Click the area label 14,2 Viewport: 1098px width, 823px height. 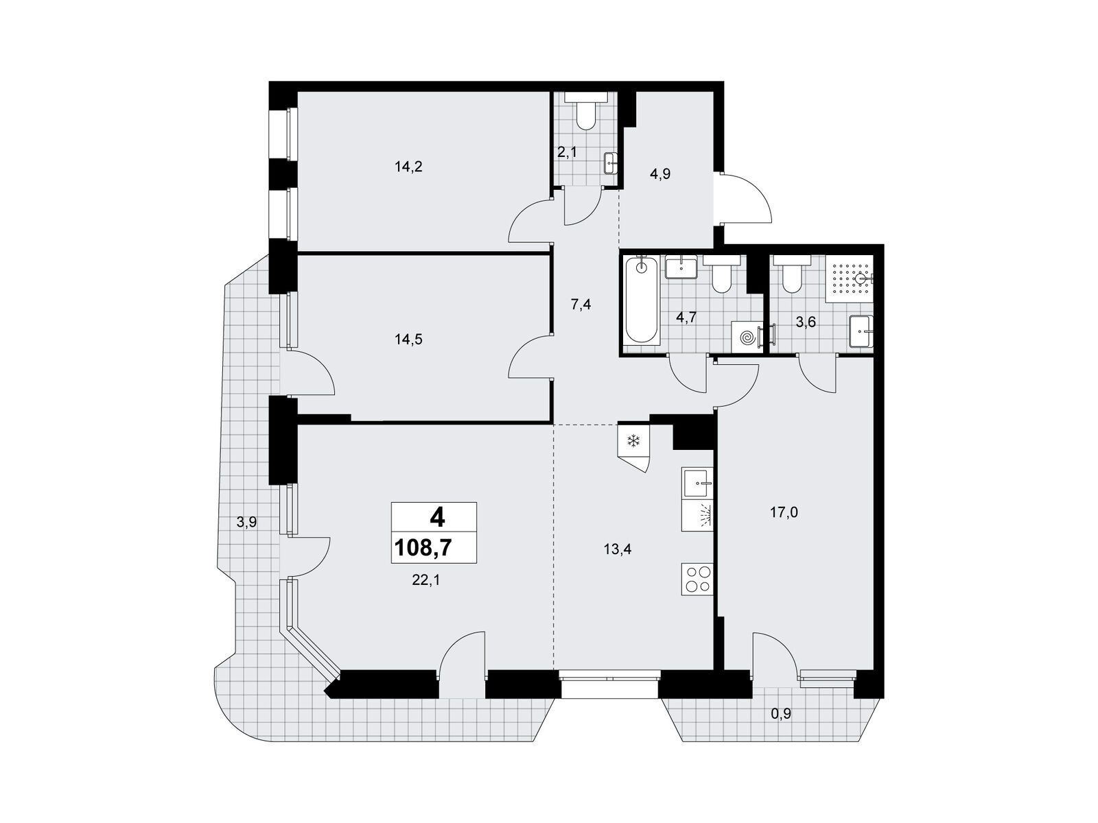tap(408, 167)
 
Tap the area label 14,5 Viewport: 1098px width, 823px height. tap(408, 339)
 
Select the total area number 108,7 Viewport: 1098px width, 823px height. tap(423, 548)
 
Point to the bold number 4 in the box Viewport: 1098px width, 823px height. tap(436, 518)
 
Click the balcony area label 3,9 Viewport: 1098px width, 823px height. tap(246, 522)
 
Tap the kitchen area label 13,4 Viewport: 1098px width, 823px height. tap(617, 549)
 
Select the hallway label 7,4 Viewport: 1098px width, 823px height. tap(581, 304)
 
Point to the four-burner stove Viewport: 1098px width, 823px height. tap(697, 579)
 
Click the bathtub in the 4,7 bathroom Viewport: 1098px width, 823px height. tap(642, 300)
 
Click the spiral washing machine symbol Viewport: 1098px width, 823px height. tap(747, 338)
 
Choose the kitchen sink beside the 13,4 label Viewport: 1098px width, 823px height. tap(697, 484)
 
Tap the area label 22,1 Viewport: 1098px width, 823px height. tap(425, 580)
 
